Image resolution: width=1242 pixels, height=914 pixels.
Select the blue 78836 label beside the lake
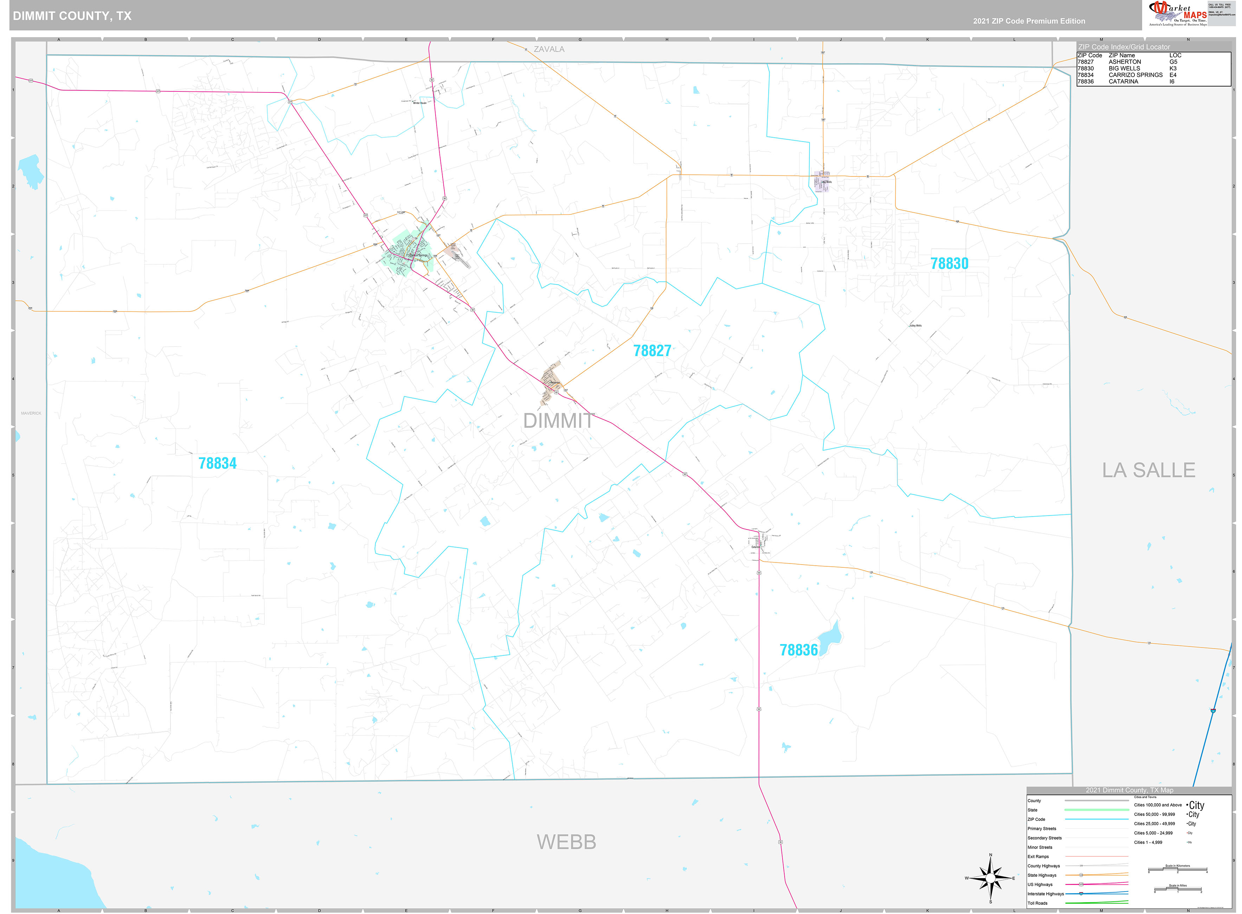coord(798,650)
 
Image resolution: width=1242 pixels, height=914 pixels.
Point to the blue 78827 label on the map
coord(652,351)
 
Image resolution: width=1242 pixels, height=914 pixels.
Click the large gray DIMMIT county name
coord(558,421)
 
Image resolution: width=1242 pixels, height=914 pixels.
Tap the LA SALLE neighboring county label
coord(1148,470)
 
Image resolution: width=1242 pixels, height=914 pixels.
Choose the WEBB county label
coord(566,842)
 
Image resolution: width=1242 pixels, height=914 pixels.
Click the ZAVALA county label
coord(549,49)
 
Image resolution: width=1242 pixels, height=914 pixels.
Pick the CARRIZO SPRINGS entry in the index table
coord(1135,75)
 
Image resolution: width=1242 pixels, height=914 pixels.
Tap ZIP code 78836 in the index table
coord(1086,81)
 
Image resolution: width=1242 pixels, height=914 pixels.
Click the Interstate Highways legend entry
coord(1045,894)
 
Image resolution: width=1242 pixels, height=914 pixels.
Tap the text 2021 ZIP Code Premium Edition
coord(1029,21)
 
